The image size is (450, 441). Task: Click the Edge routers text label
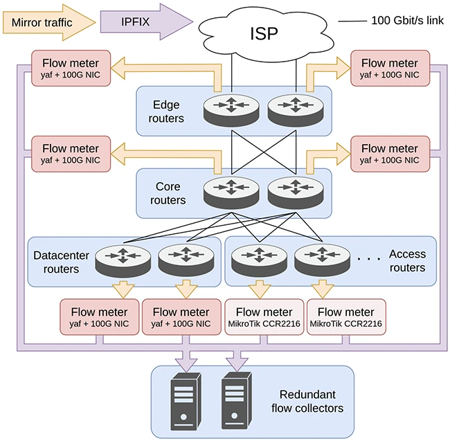click(167, 111)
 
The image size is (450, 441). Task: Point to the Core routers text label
click(167, 193)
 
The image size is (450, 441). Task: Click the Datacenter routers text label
click(61, 262)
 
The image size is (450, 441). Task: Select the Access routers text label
click(406, 261)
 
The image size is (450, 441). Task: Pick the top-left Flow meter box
click(71, 69)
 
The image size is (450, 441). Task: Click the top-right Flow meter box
click(390, 69)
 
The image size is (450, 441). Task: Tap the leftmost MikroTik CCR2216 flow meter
click(264, 317)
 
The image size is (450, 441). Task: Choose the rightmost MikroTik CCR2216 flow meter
click(345, 317)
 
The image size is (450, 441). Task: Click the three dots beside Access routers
click(369, 259)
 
